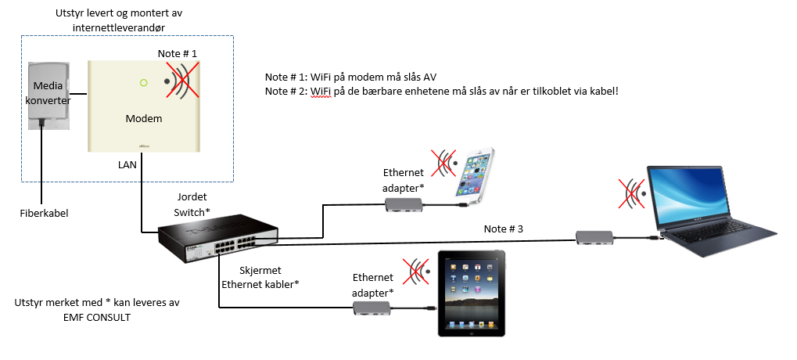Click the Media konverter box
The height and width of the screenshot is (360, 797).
click(x=48, y=95)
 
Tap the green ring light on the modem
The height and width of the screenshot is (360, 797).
click(x=143, y=83)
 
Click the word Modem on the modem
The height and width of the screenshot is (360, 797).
click(x=144, y=118)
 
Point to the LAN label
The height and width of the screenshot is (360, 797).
click(x=127, y=165)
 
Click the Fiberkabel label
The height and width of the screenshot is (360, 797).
click(x=43, y=212)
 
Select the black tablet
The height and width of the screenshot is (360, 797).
click(x=472, y=293)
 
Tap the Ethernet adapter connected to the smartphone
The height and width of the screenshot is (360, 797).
click(x=404, y=205)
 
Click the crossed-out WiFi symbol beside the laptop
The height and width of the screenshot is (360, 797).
click(x=633, y=194)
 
